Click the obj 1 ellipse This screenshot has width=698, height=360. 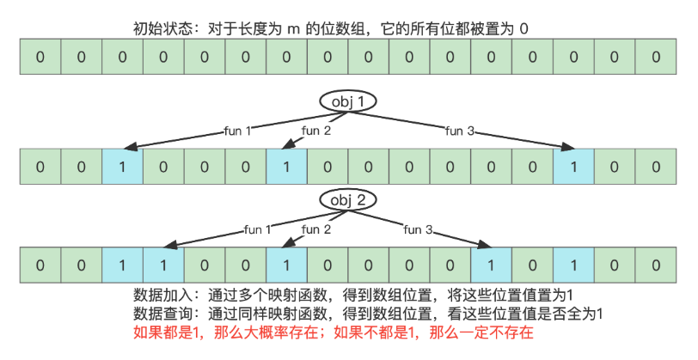[349, 101]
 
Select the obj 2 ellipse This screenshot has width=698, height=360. [349, 200]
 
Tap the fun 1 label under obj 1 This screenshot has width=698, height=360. [236, 131]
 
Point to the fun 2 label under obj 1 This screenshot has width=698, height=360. [315, 131]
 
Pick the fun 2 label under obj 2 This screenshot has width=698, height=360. [315, 229]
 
